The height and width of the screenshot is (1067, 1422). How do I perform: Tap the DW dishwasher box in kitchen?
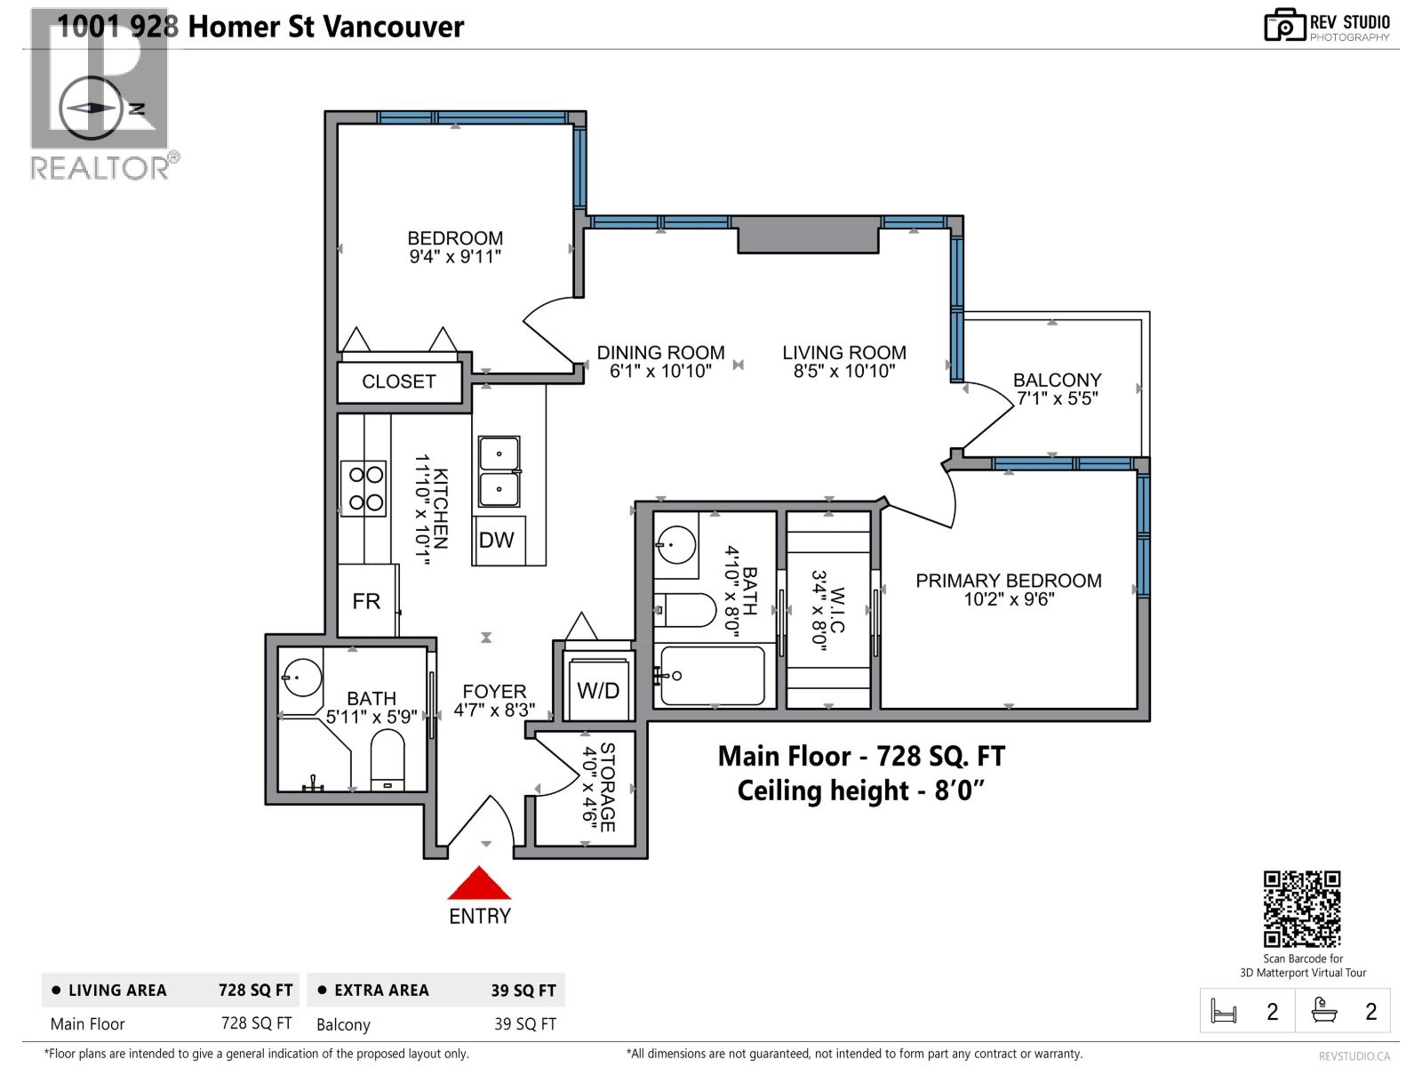[x=496, y=540]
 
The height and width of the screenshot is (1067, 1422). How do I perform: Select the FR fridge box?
[x=366, y=601]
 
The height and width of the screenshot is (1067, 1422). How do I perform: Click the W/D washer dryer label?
[x=598, y=690]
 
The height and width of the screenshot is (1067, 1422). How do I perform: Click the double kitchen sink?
[x=499, y=471]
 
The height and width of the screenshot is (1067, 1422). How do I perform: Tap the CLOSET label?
[x=399, y=381]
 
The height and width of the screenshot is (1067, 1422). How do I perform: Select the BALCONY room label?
[x=1057, y=380]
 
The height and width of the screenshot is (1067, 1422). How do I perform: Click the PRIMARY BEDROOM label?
[x=1009, y=581]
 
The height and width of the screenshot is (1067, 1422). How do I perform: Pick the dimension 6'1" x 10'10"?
[x=660, y=372]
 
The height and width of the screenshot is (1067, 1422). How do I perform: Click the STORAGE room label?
[x=608, y=787]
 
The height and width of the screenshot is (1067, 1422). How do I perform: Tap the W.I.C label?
[x=838, y=607]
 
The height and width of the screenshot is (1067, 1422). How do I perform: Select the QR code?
[x=1302, y=909]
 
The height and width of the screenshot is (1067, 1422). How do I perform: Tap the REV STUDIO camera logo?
[x=1284, y=26]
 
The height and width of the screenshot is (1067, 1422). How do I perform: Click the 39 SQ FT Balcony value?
[x=524, y=1024]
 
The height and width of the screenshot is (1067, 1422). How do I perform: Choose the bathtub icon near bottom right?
[x=1324, y=1011]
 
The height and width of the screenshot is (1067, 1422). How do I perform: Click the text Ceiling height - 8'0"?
[x=860, y=790]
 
